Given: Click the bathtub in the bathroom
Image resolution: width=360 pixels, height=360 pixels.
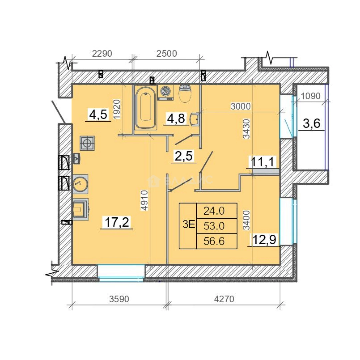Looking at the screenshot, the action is pos(146,107).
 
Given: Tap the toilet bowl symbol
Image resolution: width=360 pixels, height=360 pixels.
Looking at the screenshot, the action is pos(185,93).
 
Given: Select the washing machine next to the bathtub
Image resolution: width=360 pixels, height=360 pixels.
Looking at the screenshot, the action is pos(166,93).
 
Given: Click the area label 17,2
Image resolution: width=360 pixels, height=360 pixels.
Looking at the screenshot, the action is pos(117,222).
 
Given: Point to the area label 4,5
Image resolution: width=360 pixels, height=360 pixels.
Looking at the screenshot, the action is pos(98,114).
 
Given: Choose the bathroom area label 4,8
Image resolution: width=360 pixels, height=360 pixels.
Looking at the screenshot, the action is pos(176,118).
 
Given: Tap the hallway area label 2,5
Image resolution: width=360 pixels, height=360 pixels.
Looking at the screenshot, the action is pos(184,156).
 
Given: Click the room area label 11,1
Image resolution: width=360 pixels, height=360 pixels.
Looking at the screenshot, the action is pos(263,162).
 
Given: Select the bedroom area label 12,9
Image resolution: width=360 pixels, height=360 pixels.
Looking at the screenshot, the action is pos(264,240).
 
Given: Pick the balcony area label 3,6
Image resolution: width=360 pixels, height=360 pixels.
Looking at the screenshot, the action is pos(312,124).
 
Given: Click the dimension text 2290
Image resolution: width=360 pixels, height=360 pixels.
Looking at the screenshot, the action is pos(102,53).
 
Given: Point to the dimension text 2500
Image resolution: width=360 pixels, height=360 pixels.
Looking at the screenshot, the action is pos(167,53).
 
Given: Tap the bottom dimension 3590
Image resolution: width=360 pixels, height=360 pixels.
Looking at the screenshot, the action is pos(119,299).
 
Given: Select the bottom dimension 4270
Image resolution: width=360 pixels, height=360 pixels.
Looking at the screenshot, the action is pos(224,299).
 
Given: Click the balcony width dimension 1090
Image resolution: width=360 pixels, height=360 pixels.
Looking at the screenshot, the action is pos(310,96).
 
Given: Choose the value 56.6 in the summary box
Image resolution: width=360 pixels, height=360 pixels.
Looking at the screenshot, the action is pos(214,241).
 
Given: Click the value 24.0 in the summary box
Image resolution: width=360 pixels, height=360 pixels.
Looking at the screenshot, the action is pos(214,211).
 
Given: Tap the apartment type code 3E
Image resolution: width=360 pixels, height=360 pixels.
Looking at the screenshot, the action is pos(189,225).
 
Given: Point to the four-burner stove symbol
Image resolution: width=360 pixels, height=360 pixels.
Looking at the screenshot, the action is pos(87,143).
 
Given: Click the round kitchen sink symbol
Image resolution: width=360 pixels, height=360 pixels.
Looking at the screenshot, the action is pos(80,184).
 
